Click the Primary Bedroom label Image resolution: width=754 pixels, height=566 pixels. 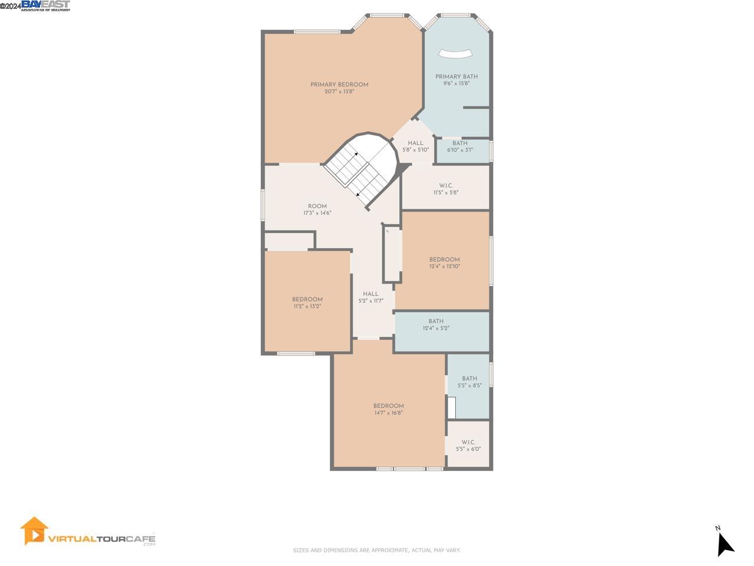[339, 85]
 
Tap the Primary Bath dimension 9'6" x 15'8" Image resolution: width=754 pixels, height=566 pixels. [457, 84]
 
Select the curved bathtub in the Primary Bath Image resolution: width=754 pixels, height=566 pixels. [455, 54]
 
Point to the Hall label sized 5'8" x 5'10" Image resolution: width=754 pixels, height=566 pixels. [415, 143]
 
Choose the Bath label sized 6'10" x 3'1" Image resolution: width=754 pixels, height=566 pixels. [460, 143]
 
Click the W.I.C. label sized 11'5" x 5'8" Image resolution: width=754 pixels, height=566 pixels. [446, 186]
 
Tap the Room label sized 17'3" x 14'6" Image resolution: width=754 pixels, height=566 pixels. [317, 206]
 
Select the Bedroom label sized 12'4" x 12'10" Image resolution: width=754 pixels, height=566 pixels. [444, 259]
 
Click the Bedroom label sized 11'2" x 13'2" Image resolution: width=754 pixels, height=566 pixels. [307, 300]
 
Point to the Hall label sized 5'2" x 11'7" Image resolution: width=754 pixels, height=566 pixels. [371, 294]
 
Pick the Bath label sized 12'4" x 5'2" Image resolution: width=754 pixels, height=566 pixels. [436, 321]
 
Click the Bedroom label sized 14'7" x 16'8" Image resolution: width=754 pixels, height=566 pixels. [388, 406]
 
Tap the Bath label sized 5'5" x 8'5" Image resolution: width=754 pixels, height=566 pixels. [469, 379]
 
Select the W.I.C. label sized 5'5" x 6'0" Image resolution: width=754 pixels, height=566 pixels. [468, 442]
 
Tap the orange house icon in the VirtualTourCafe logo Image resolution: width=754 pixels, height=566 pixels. [34, 531]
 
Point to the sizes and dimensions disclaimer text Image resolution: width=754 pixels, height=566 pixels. [376, 550]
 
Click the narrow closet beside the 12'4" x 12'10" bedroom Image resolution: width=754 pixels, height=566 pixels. [392, 254]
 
